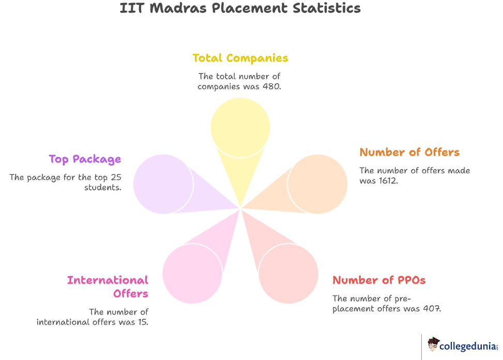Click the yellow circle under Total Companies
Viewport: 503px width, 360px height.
tap(240, 127)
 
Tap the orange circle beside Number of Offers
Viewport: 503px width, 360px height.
tap(317, 184)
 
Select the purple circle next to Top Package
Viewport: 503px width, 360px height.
tap(163, 184)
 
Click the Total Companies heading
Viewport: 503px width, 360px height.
tap(240, 58)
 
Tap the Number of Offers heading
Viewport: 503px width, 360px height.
tap(409, 152)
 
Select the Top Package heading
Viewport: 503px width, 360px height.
tap(85, 159)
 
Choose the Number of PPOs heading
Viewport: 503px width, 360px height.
tap(379, 280)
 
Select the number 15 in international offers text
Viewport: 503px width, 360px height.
tap(142, 322)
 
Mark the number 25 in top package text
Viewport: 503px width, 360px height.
tap(116, 177)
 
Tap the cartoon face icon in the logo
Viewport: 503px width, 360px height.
tap(433, 344)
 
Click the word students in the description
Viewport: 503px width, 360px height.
tap(103, 187)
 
